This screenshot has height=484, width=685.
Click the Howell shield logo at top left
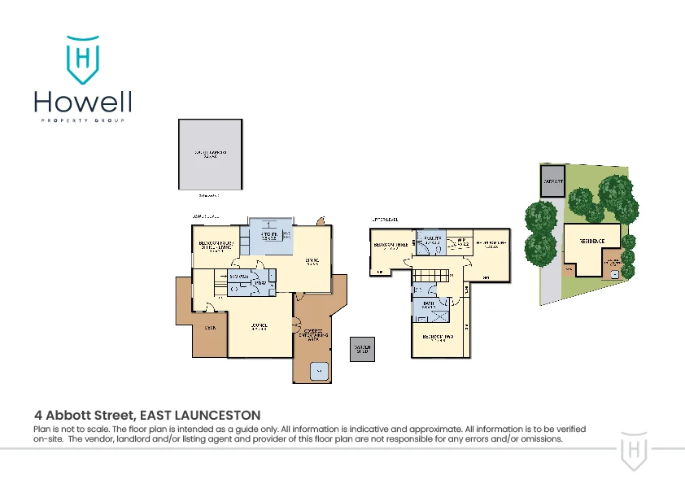pyautogui.click(x=82, y=59)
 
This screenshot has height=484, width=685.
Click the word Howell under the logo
pyautogui.click(x=82, y=102)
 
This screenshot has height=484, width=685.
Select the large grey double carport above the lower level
pyautogui.click(x=210, y=154)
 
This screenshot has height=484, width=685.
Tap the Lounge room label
pyautogui.click(x=260, y=326)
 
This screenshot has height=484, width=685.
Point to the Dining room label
pyautogui.click(x=311, y=261)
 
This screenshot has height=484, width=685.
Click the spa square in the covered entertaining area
pyautogui.click(x=320, y=370)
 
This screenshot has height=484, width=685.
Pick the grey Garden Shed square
pyautogui.click(x=362, y=349)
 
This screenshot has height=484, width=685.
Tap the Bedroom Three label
pyautogui.click(x=389, y=245)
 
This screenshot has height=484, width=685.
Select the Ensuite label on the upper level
pyautogui.click(x=431, y=239)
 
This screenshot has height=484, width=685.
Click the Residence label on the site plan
pyautogui.click(x=591, y=242)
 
